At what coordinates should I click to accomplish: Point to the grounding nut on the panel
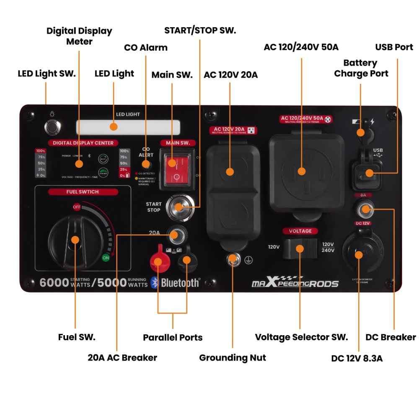(233, 259)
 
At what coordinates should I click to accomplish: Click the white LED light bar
(128, 127)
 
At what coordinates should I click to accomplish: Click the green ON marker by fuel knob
(106, 258)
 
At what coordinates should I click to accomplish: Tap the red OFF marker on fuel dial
(77, 207)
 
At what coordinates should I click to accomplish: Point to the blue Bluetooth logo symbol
(154, 282)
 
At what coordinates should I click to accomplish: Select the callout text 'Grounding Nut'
(232, 357)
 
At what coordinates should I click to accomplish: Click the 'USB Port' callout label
(394, 47)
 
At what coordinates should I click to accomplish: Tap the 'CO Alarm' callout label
(145, 47)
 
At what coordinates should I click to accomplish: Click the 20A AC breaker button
(176, 234)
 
